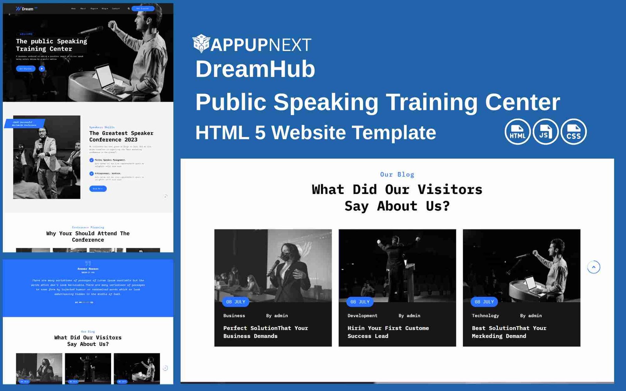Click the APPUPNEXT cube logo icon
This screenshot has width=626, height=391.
click(x=201, y=43)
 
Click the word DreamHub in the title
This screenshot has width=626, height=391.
click(x=255, y=69)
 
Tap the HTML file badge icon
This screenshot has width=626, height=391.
click(x=517, y=132)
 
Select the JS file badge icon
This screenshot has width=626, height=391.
click(x=545, y=132)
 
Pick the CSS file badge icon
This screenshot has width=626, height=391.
click(x=574, y=132)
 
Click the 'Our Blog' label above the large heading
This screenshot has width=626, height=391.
click(x=397, y=174)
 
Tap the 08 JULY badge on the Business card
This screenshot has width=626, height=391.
click(x=236, y=302)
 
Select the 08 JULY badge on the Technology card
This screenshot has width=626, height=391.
click(x=484, y=302)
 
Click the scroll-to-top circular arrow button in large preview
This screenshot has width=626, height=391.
click(x=594, y=267)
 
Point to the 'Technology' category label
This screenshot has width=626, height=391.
click(x=485, y=316)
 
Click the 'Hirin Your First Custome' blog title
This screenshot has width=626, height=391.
click(x=388, y=328)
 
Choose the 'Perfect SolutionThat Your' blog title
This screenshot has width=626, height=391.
click(x=265, y=328)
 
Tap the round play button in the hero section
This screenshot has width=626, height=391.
click(x=42, y=68)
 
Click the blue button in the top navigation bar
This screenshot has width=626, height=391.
click(x=143, y=8)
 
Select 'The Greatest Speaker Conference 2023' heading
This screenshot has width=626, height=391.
click(x=121, y=136)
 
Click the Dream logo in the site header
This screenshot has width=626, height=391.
click(x=25, y=9)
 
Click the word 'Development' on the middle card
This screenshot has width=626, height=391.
click(x=362, y=316)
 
